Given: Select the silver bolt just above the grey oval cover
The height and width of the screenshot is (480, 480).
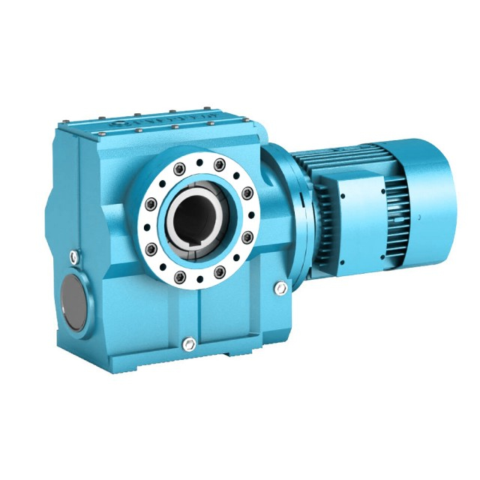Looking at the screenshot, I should [x=75, y=255].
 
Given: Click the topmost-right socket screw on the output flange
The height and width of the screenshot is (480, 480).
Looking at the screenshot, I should [x=219, y=164].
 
